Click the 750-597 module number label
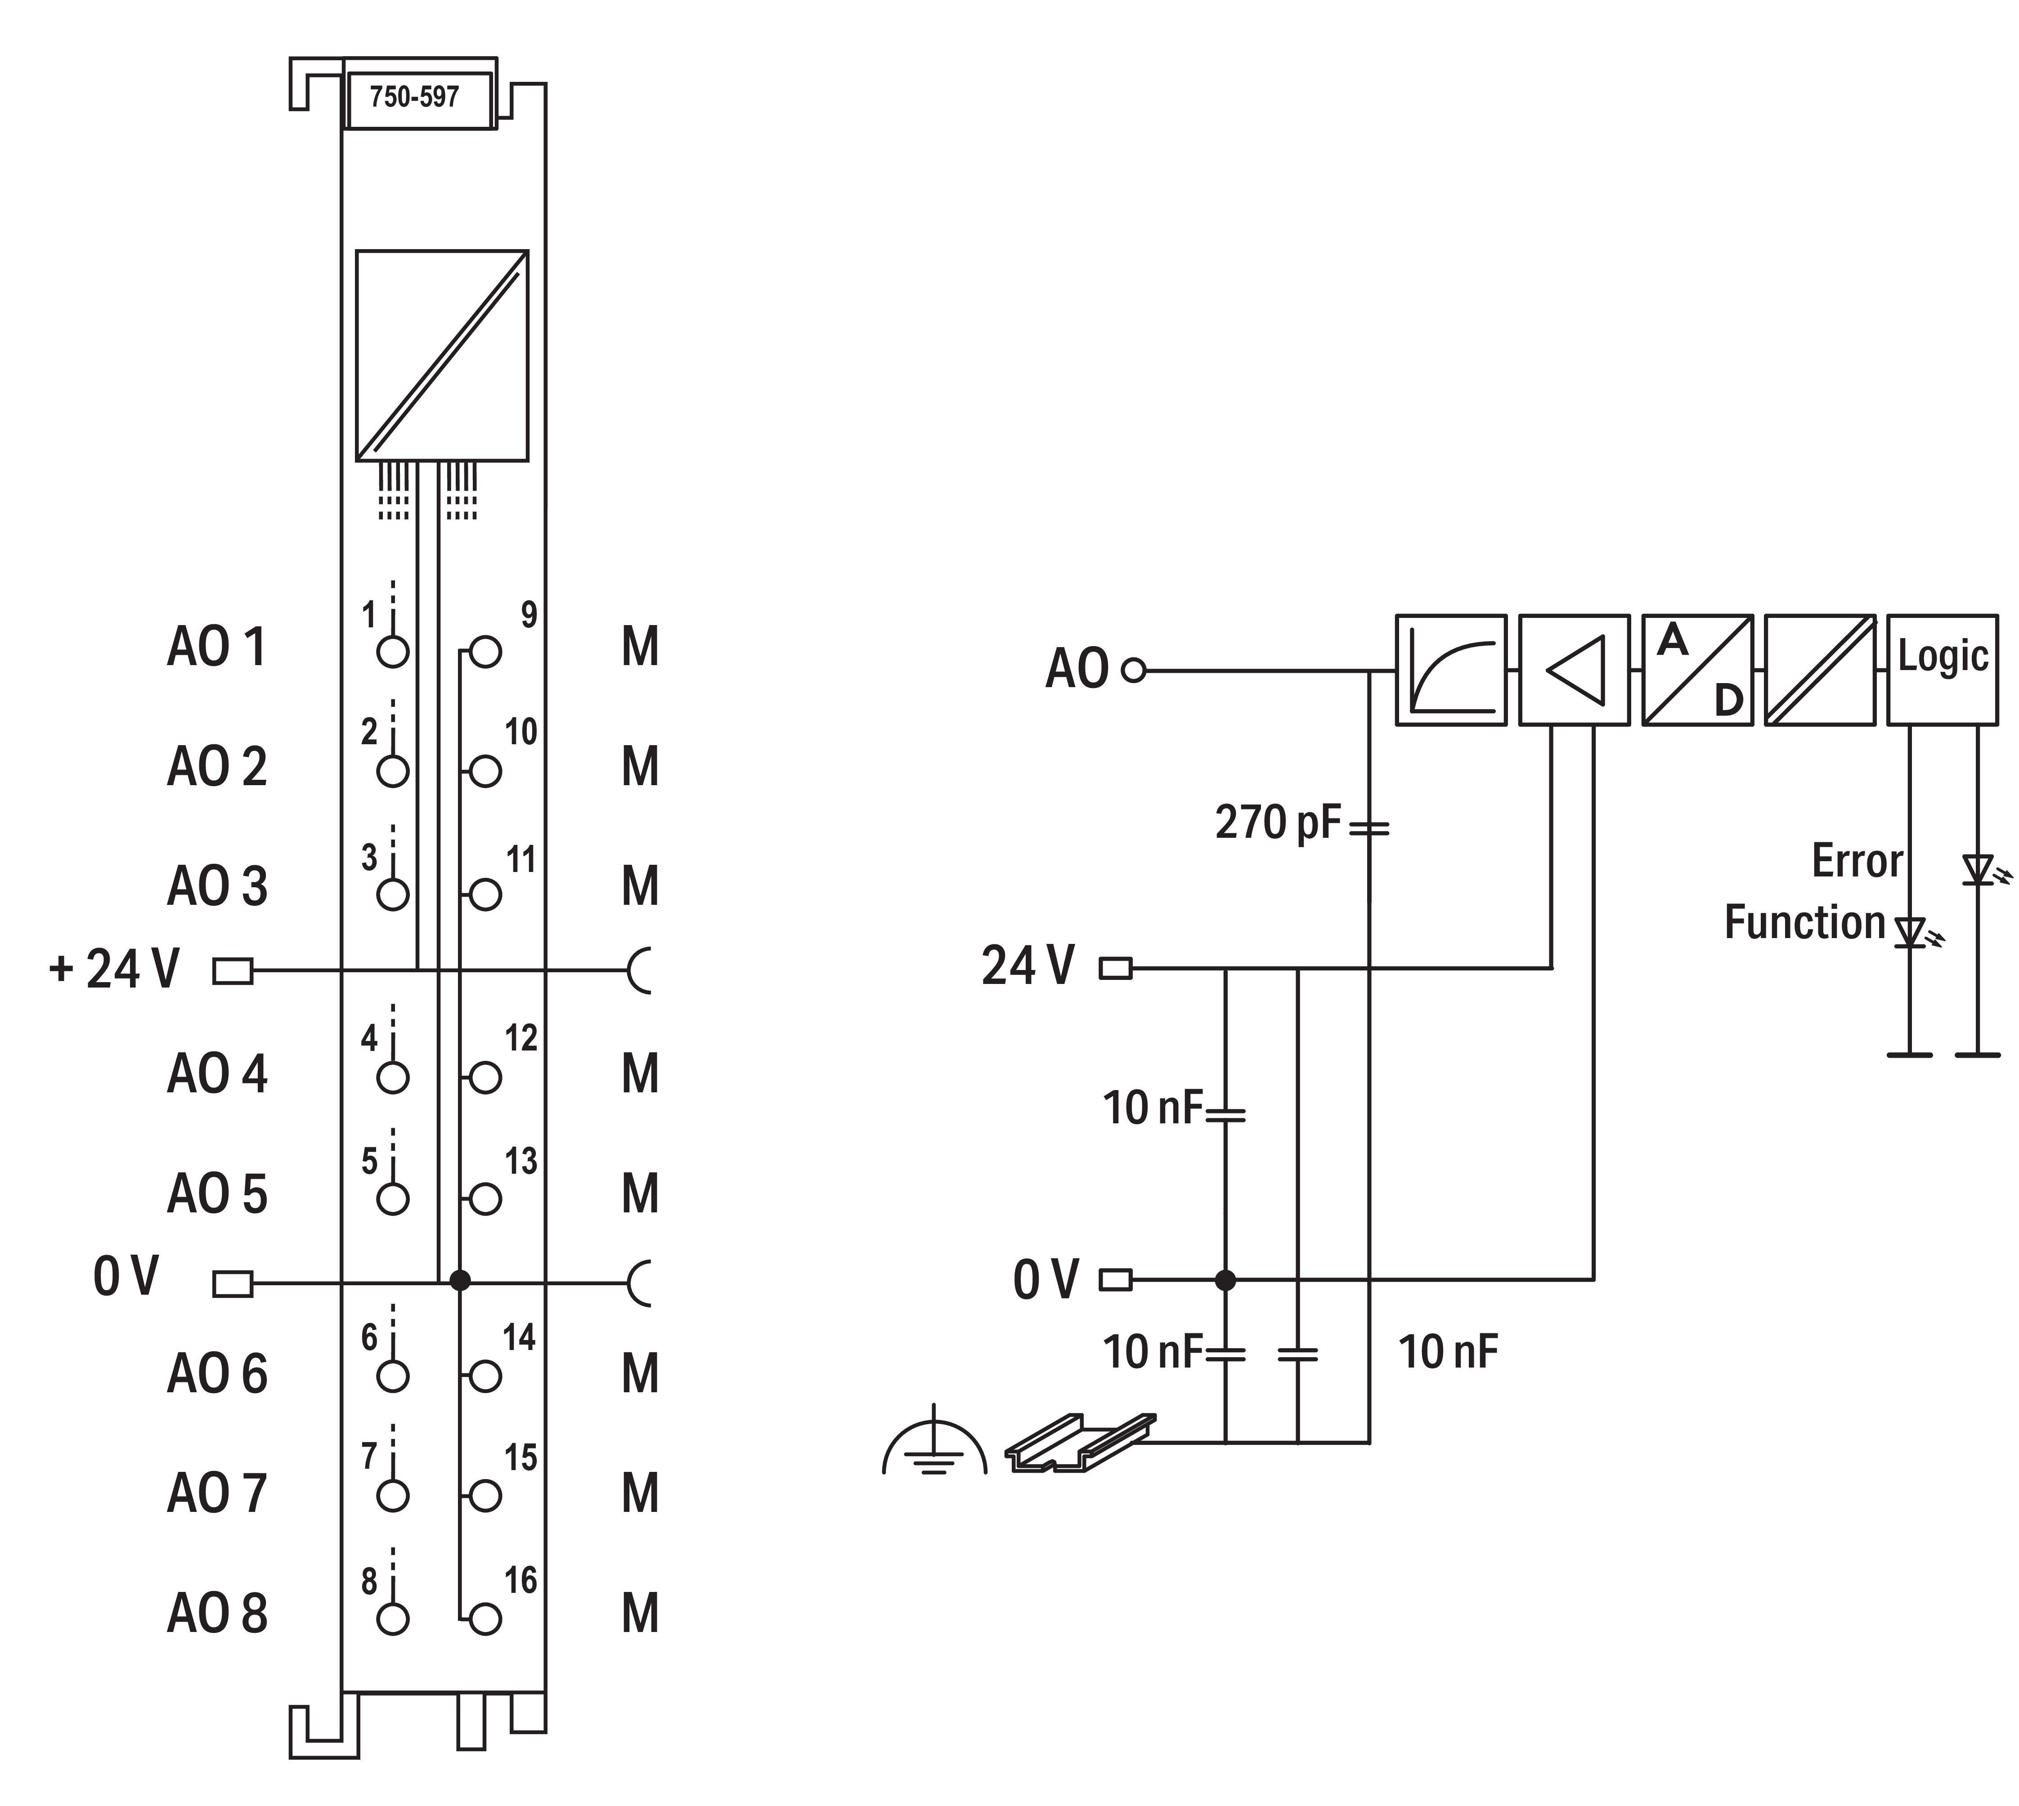[x=415, y=97]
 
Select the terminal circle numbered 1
[x=393, y=652]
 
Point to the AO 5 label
[x=217, y=1194]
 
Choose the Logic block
[x=1942, y=670]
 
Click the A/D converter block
[x=1696, y=670]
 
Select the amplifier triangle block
[x=1573, y=670]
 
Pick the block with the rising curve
[x=1450, y=670]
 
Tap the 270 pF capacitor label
[x=1278, y=823]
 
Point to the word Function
[x=1804, y=923]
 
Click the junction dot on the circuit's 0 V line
[x=1226, y=1280]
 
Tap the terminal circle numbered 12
[x=485, y=1077]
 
